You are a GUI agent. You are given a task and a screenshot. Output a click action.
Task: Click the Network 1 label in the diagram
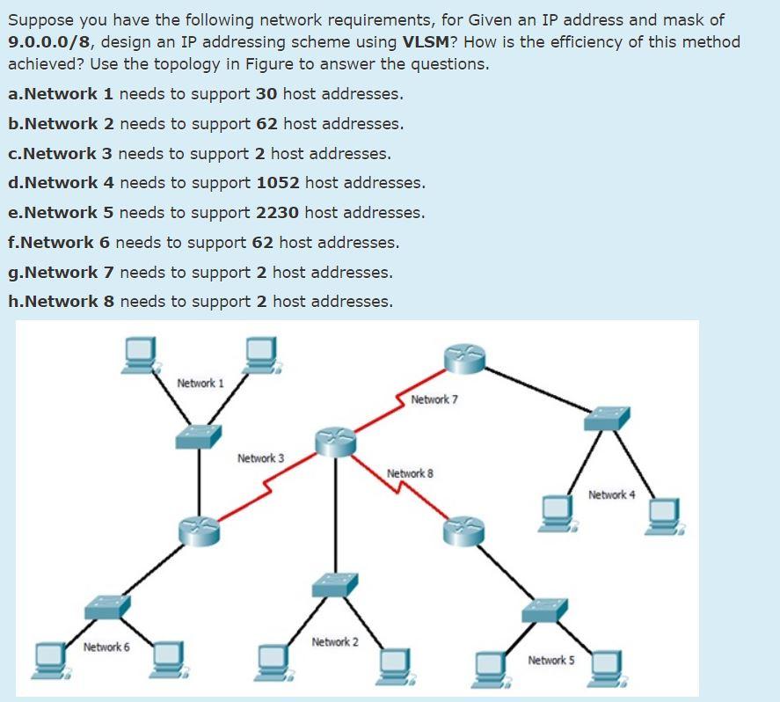point(200,384)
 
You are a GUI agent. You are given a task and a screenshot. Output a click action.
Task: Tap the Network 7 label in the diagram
point(434,399)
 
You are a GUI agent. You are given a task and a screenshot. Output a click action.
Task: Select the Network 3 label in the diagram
point(260,458)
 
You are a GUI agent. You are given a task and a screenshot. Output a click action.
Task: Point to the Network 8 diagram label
point(410,474)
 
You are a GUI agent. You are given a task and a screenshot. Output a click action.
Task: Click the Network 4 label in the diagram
point(611,495)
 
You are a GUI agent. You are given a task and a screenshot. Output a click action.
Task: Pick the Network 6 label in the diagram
point(106,647)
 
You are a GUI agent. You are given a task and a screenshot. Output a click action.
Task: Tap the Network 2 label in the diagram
point(335,642)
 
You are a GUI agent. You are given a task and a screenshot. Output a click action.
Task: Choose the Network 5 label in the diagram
point(551,660)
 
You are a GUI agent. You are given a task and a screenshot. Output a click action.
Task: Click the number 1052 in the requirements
point(278,183)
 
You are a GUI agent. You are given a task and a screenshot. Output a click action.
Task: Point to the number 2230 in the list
point(278,213)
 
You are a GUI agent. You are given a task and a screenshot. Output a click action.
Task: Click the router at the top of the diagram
point(463,356)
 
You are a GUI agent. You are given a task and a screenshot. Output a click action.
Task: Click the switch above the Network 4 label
point(607,419)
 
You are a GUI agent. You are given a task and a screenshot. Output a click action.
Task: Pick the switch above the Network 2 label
point(336,584)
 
